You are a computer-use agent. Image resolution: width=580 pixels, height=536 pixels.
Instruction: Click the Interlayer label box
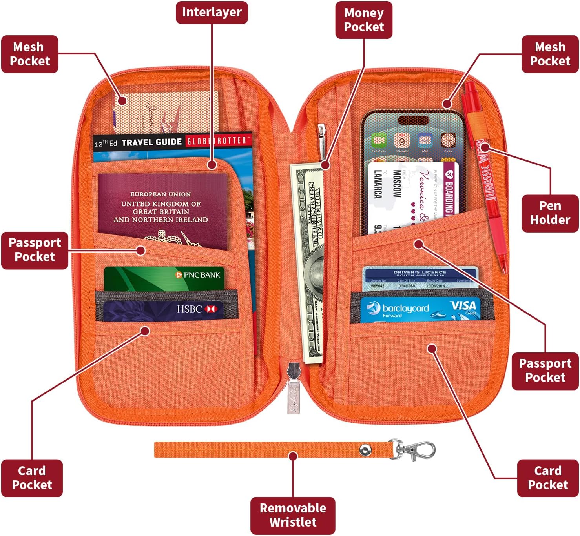click(x=212, y=13)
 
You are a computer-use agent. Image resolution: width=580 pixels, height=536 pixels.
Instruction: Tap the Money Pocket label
click(x=364, y=20)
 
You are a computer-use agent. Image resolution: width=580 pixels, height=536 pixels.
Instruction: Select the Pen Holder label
click(x=550, y=213)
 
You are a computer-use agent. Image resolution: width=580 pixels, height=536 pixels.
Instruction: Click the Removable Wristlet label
click(x=293, y=515)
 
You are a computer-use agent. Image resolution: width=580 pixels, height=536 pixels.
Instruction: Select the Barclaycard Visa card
click(x=420, y=310)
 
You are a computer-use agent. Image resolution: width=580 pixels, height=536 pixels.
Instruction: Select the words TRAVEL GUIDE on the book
click(x=151, y=142)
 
